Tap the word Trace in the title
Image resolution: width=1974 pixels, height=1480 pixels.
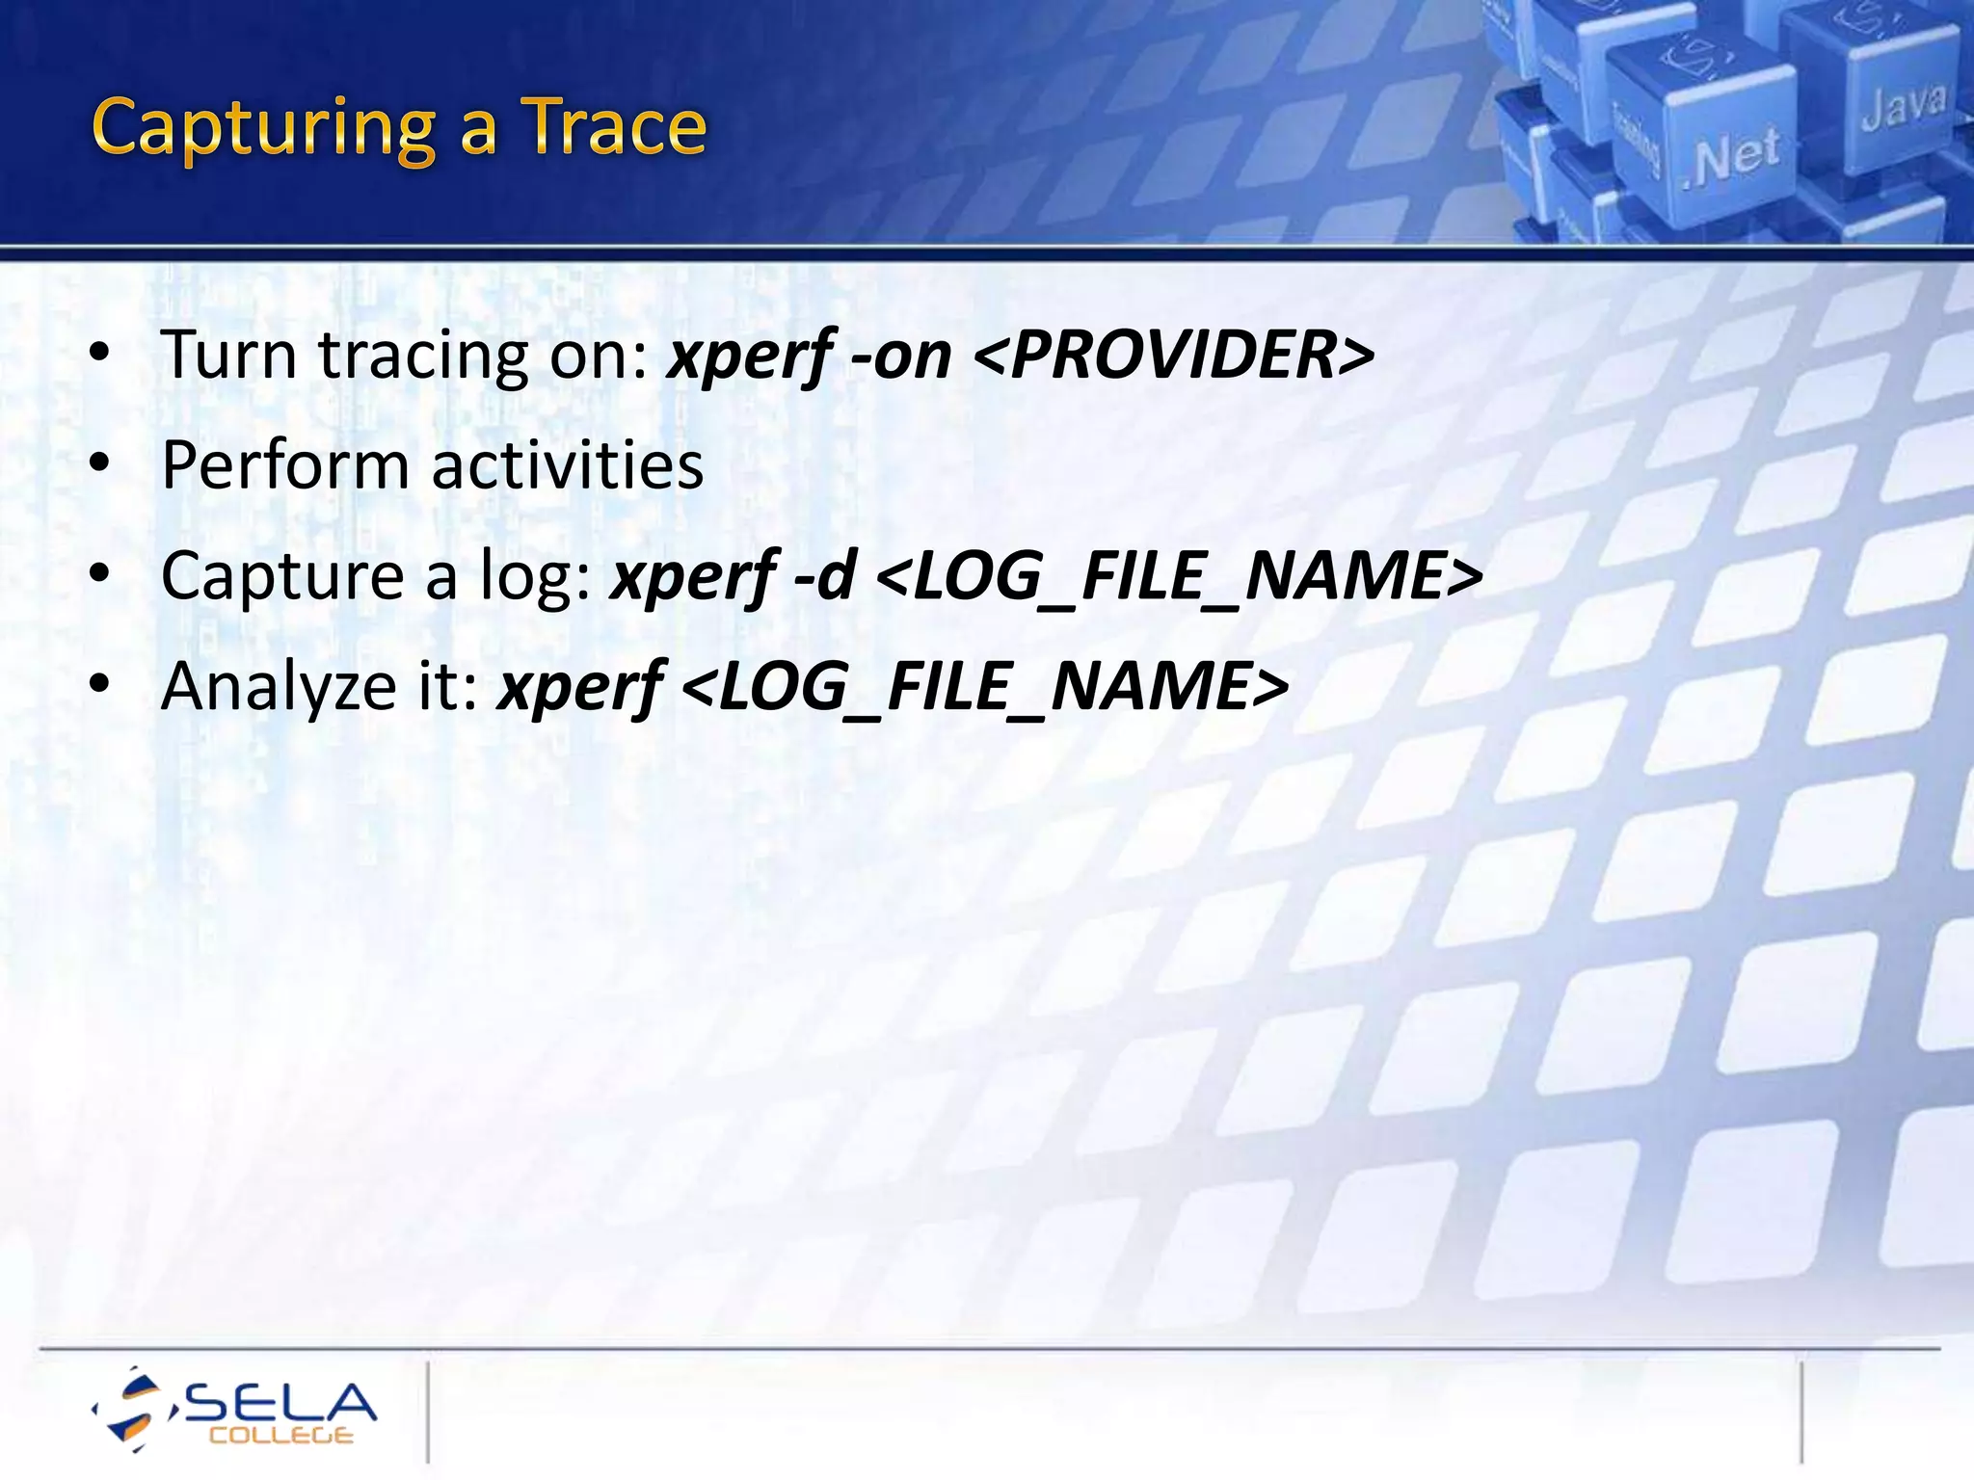(615, 127)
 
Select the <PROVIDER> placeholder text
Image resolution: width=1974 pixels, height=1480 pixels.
(1174, 356)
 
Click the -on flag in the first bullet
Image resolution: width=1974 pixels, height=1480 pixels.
(900, 356)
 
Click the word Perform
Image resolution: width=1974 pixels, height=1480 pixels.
(285, 466)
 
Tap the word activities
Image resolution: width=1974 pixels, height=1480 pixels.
(567, 464)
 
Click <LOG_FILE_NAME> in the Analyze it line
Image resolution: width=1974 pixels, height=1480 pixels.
(985, 686)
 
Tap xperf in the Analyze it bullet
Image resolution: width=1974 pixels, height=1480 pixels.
(579, 688)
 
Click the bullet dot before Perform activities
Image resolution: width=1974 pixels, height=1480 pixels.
(99, 464)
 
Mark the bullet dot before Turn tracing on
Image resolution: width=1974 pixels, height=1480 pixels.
(99, 355)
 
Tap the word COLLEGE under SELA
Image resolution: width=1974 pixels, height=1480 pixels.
(281, 1436)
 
